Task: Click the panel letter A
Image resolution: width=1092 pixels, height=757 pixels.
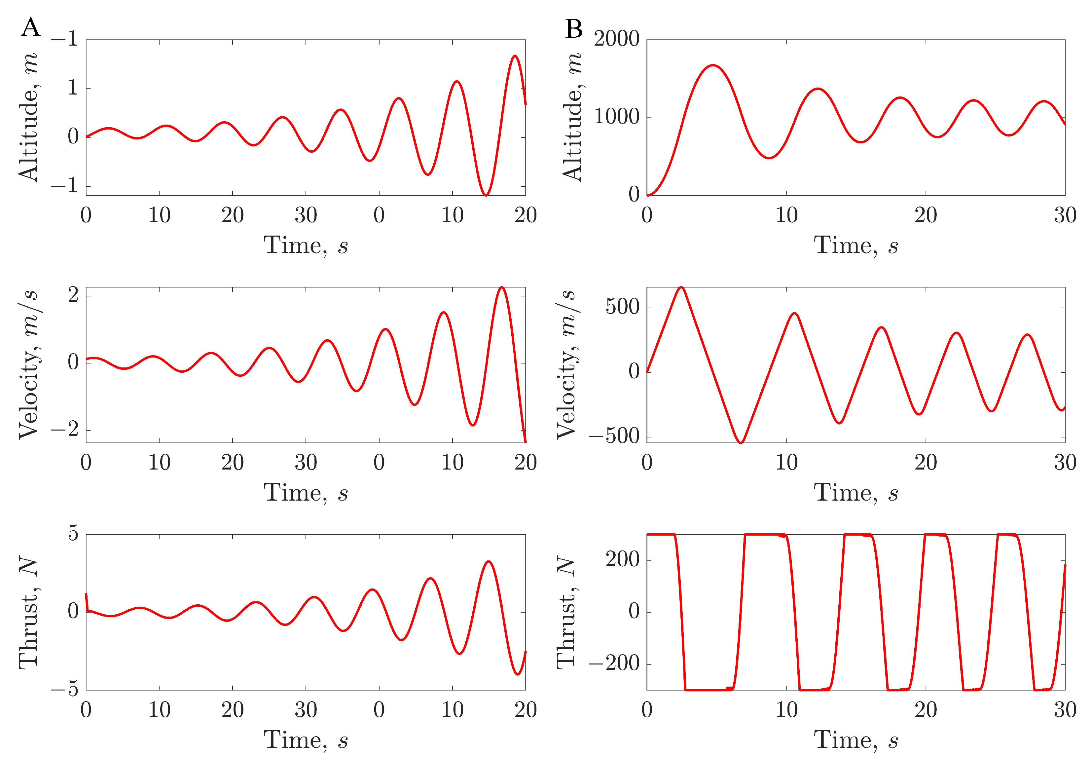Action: point(31,27)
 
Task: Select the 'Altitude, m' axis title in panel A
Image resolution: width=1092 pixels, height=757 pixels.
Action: point(28,117)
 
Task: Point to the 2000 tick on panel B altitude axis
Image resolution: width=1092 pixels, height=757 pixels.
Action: point(616,39)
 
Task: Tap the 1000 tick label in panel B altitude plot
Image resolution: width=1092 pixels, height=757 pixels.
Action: point(616,117)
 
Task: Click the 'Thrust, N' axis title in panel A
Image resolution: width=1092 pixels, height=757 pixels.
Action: point(28,612)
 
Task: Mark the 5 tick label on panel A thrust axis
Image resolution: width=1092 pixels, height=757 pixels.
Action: point(73,533)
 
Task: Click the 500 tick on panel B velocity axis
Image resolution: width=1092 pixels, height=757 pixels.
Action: point(622,307)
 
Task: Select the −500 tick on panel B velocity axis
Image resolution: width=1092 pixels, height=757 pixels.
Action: point(614,436)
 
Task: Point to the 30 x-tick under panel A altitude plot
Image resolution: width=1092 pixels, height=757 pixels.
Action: point(306,216)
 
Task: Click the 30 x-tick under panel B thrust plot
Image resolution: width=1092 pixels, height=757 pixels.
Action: point(1065,710)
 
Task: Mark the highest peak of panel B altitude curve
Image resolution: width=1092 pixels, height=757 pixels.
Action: point(713,65)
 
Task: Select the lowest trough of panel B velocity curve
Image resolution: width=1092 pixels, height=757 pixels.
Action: point(741,442)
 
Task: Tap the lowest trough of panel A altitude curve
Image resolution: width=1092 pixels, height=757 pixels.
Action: point(486,195)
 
